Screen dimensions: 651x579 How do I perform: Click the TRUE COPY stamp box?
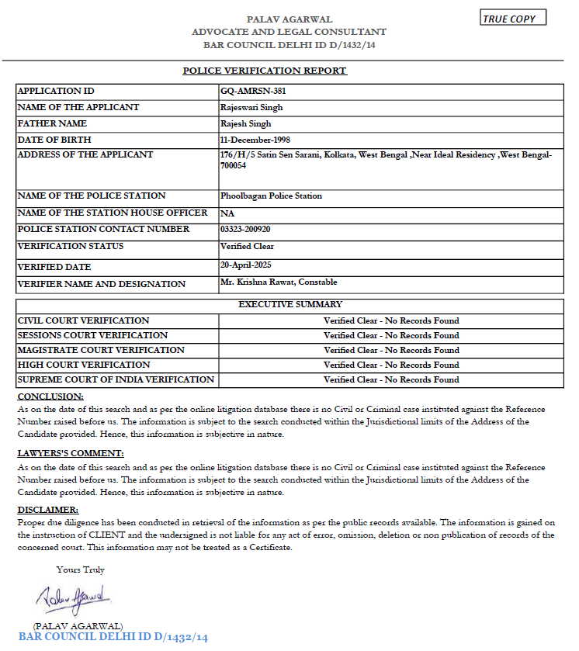(x=512, y=19)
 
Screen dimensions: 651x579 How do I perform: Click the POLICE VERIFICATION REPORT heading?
(x=264, y=71)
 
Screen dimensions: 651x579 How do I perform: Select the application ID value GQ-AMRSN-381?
(x=248, y=91)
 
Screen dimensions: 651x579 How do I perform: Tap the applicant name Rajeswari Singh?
(x=251, y=107)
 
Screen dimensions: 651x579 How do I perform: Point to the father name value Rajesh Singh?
(x=246, y=123)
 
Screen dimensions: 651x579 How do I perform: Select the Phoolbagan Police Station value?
(x=271, y=196)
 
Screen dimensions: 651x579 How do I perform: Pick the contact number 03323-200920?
(x=245, y=229)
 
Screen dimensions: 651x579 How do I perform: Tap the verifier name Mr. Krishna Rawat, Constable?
(x=279, y=282)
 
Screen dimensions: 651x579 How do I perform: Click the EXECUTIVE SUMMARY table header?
(x=289, y=304)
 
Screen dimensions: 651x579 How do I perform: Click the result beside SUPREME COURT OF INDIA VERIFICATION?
(x=391, y=379)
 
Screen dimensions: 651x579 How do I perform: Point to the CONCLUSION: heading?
(x=45, y=396)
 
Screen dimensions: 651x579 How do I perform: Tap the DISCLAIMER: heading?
(x=47, y=510)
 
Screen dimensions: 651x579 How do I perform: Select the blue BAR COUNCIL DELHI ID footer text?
(x=113, y=637)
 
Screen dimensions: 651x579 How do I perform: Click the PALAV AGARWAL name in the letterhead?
(x=289, y=19)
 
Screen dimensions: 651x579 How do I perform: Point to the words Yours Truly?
(x=80, y=570)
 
